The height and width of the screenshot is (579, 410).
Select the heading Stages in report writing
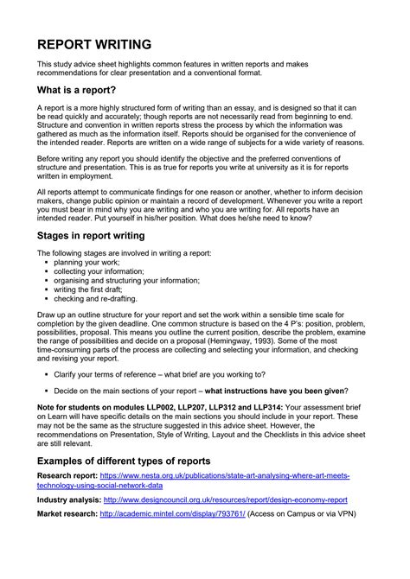pos(91,235)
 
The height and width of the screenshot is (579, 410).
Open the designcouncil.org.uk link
pos(225,499)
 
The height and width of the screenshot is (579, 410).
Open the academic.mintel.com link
pos(172,513)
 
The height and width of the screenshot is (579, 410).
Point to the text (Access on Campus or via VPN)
pos(303,513)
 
